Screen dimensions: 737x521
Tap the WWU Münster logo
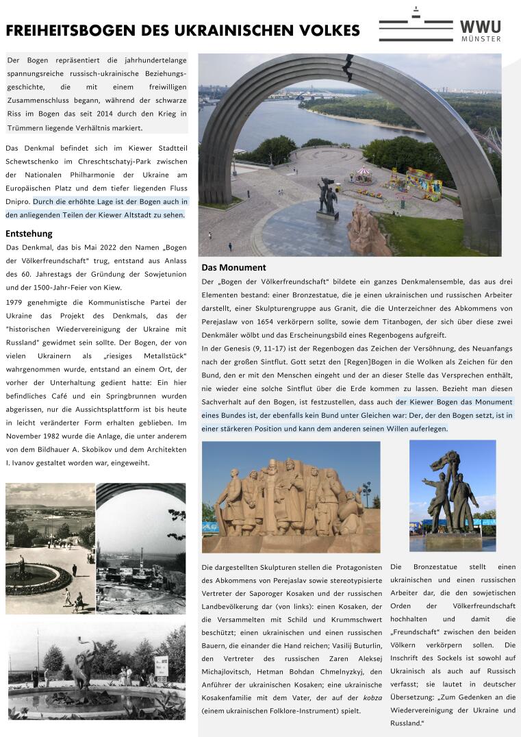click(440, 25)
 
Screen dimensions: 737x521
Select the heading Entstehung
click(29, 234)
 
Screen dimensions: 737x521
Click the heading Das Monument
click(233, 267)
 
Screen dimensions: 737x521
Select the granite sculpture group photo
click(290, 496)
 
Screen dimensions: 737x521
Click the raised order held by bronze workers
click(451, 458)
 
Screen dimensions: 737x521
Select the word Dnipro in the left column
click(17, 202)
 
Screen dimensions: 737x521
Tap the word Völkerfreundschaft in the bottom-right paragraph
click(484, 606)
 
